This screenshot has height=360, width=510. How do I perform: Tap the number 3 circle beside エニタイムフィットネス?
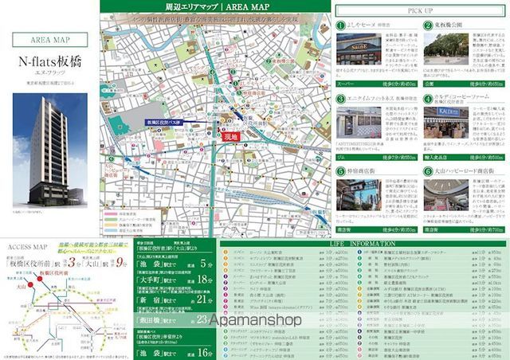pyautogui.click(x=339, y=99)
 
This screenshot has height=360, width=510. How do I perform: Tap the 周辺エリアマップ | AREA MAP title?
pyautogui.click(x=215, y=7)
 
